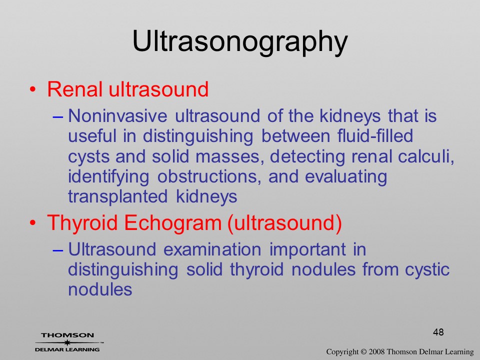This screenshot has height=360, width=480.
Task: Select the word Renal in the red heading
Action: (x=74, y=89)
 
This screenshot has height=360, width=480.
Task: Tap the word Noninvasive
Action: (x=117, y=115)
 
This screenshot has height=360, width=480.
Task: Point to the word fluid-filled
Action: (x=375, y=135)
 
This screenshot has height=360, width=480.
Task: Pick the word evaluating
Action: (x=346, y=177)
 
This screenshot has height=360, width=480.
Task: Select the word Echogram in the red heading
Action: (x=172, y=223)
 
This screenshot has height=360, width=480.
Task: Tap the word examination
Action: (x=212, y=249)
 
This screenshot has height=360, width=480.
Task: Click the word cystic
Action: (x=427, y=269)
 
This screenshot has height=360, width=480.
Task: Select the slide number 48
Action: (x=438, y=332)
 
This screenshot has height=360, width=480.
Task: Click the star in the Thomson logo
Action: (x=67, y=342)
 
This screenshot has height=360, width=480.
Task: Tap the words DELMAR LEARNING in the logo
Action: (x=67, y=349)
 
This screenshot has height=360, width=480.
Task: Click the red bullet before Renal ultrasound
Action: (x=33, y=89)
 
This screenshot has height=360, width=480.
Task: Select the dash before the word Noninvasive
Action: (x=58, y=116)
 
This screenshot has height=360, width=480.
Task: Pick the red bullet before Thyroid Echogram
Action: (x=33, y=223)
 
